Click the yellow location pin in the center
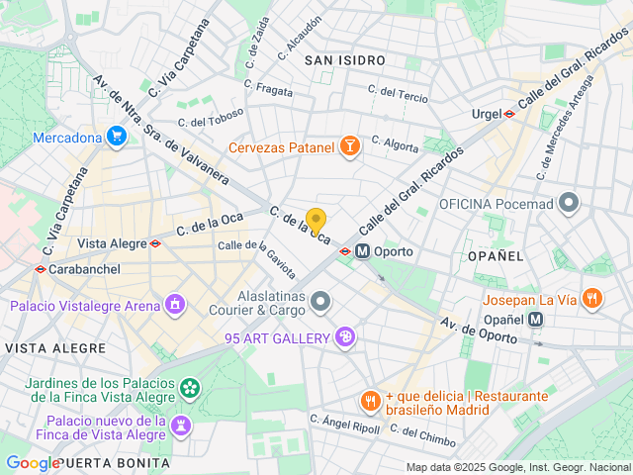[316, 221]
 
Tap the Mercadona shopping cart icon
[117, 137]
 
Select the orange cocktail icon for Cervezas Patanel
[348, 147]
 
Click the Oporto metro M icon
[363, 251]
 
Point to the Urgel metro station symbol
[508, 114]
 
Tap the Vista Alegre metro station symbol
[156, 242]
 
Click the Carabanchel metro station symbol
[40, 268]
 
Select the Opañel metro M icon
[535, 319]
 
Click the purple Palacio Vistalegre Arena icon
[175, 303]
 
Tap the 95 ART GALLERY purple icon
[345, 337]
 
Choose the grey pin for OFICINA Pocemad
[569, 204]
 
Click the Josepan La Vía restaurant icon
[591, 297]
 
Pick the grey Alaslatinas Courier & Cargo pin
[319, 300]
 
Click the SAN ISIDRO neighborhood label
[344, 60]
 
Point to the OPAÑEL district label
[496, 255]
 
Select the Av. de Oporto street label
[479, 332]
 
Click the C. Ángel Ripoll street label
[344, 424]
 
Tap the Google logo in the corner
[33, 462]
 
